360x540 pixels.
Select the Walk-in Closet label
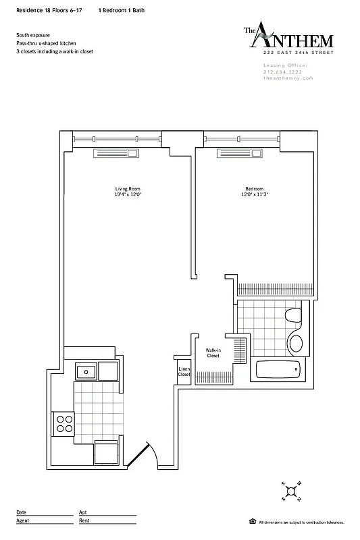point(213,353)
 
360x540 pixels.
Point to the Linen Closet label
point(184,371)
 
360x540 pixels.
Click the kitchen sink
point(85,371)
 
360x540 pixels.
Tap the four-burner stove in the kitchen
point(65,423)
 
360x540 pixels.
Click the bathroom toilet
point(294,316)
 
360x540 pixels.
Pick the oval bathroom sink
point(295,341)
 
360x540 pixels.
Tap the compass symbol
point(291,492)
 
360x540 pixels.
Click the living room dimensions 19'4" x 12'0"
point(128,194)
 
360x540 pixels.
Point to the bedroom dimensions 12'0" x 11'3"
point(254,194)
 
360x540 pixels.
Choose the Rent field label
point(84,520)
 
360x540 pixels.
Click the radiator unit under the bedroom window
point(234,153)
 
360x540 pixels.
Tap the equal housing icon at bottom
point(252,522)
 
